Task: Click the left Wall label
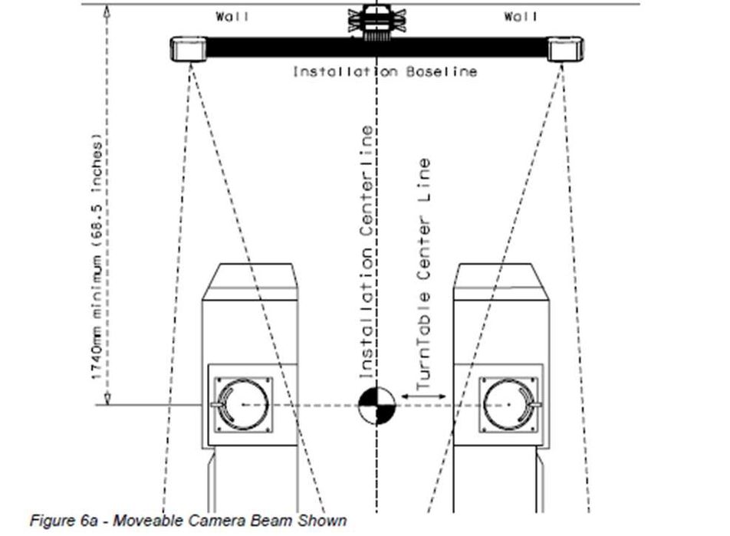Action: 232,16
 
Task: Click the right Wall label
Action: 521,16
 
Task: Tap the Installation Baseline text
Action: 385,71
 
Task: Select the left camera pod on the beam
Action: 187,49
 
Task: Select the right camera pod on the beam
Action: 565,49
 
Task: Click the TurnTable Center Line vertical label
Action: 423,272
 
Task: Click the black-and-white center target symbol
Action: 377,406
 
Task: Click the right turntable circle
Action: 509,403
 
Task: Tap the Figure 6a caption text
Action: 188,521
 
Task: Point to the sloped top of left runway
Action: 249,281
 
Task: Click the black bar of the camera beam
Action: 291,48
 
